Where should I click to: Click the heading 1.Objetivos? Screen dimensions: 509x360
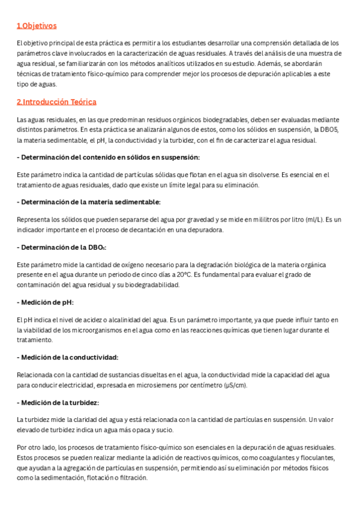tap(37, 26)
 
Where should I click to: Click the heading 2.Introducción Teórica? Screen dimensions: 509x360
tap(56, 102)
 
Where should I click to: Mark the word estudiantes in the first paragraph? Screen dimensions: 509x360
tap(183, 43)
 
